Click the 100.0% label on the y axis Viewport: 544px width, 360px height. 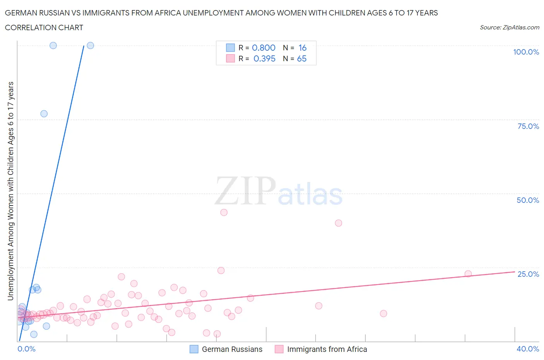526,52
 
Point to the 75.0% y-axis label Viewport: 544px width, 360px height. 528,126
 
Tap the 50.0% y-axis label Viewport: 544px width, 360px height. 528,200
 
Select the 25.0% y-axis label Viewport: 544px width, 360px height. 528,274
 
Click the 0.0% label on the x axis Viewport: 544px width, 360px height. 26,349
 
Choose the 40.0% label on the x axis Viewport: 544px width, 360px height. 528,349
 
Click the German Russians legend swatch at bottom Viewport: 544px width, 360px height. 194,349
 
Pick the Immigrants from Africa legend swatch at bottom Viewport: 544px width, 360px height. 279,349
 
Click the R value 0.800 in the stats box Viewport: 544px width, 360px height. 263,48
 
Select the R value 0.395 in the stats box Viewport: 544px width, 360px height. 264,58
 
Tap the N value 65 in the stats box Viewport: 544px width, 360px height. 301,58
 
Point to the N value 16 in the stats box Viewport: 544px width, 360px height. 302,48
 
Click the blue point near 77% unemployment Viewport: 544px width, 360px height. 44,114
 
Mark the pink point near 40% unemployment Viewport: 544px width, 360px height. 339,223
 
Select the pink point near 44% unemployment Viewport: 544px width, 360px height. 224,213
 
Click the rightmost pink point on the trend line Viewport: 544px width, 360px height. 468,274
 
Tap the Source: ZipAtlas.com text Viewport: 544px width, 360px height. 509,27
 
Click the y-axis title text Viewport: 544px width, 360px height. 10,191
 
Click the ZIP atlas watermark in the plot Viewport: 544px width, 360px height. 279,191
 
